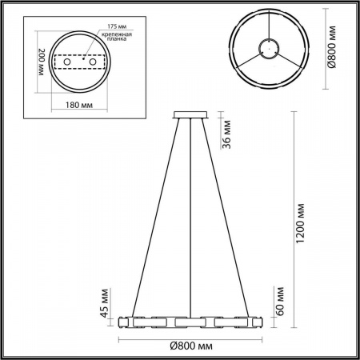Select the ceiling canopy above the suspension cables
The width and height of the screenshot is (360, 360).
point(190,116)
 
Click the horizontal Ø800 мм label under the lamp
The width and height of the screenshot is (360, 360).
point(190,346)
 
